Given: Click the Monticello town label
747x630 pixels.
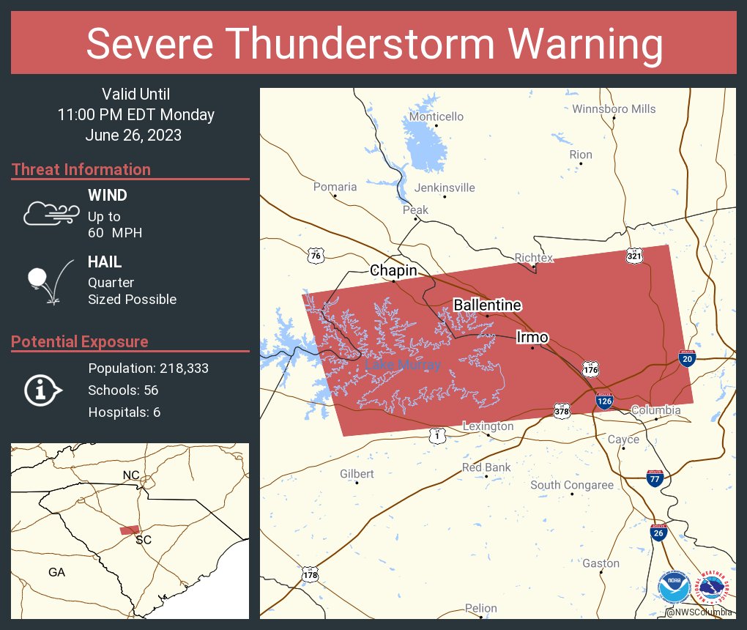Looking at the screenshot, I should coord(436,116).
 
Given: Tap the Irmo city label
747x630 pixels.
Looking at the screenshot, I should coord(532,337).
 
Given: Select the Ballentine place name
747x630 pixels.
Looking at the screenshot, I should coord(487,305).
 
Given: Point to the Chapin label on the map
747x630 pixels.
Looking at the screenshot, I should coord(393,270).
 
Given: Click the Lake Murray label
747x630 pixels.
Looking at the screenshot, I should coord(403,365).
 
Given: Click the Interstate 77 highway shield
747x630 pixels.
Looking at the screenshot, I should coord(655,479).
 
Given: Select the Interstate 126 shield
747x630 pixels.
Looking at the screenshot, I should coord(604,400).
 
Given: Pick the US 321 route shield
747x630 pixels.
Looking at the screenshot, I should coord(634,256).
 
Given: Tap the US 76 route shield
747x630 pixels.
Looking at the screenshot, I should coord(316,256).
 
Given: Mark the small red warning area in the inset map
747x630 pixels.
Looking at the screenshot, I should coord(130,530).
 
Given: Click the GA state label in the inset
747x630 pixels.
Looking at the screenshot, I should coord(56,572).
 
